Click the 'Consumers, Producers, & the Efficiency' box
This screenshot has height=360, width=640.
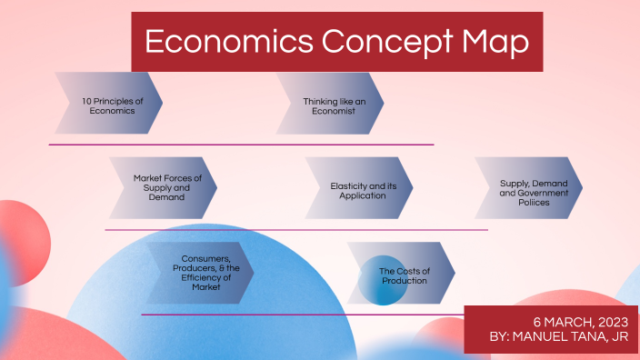pos(200,273)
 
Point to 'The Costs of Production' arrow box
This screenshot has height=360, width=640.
pos(401,273)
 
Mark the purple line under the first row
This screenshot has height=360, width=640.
pos(241,145)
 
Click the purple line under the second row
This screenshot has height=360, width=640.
pos(295,230)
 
